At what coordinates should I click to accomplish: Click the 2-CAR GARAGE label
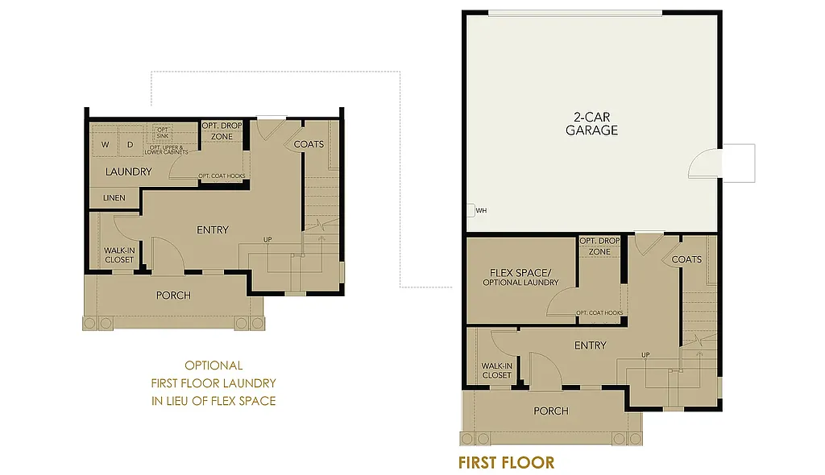click(x=591, y=123)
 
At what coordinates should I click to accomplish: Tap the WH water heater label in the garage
click(x=481, y=211)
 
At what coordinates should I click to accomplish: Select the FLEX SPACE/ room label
click(x=520, y=272)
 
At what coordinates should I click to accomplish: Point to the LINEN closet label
click(x=114, y=197)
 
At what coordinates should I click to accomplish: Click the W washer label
click(x=105, y=145)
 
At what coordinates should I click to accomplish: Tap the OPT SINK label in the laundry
click(x=163, y=133)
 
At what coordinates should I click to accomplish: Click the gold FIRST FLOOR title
click(x=506, y=463)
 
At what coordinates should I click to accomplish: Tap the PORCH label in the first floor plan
click(x=551, y=411)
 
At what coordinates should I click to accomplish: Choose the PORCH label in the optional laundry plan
click(x=173, y=295)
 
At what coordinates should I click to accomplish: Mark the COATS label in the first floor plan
click(x=686, y=259)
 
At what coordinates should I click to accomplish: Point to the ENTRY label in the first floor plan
click(x=590, y=345)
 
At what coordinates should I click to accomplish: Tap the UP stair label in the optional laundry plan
click(x=267, y=239)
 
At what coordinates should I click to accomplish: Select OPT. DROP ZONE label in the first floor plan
click(x=599, y=246)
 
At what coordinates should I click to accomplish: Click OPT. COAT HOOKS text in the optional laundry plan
click(x=222, y=176)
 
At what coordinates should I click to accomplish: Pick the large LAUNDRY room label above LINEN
click(x=128, y=171)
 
